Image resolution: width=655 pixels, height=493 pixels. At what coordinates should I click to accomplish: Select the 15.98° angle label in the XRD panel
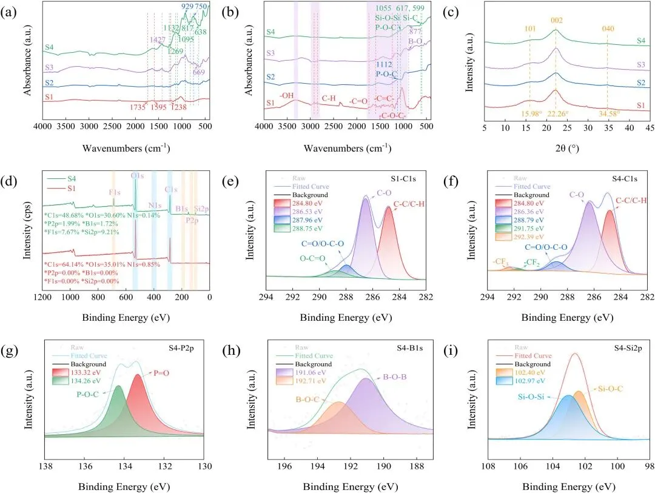click(x=528, y=113)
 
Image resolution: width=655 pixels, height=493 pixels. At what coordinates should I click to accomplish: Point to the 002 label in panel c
click(x=557, y=21)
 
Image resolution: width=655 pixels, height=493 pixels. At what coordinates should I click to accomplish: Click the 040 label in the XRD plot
click(x=608, y=29)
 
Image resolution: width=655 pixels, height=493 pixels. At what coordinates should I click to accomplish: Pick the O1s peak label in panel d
click(x=136, y=176)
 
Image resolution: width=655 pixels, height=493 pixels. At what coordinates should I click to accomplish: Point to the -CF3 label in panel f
click(x=500, y=261)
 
